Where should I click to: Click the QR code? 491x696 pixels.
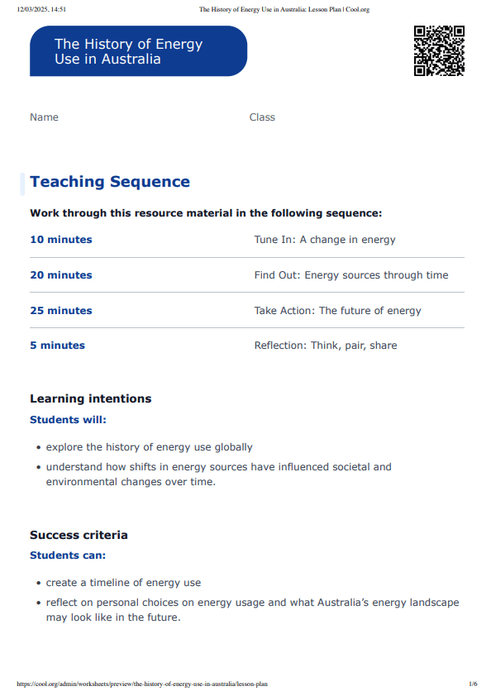439,51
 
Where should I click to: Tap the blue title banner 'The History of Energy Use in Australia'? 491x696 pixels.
138,51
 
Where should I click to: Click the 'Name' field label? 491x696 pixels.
44,117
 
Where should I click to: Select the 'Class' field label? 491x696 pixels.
262,117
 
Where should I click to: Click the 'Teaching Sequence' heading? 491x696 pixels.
110,182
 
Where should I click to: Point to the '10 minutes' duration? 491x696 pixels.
61,240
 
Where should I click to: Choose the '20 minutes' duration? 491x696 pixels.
61,275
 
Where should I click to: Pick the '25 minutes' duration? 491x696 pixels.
61,311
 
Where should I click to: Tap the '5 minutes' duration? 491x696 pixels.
57,346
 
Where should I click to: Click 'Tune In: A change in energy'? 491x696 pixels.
325,240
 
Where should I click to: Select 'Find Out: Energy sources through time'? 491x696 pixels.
351,275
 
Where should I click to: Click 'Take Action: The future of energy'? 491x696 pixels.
337,311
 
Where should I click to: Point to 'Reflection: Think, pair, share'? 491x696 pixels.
326,346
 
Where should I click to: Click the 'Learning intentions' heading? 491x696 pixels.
91,398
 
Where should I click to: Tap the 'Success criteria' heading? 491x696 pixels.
79,535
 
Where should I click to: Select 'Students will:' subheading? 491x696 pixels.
68,420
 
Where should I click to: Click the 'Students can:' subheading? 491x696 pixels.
68,555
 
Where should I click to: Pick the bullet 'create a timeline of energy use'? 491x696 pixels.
123,583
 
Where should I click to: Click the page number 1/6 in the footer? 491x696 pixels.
473,684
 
